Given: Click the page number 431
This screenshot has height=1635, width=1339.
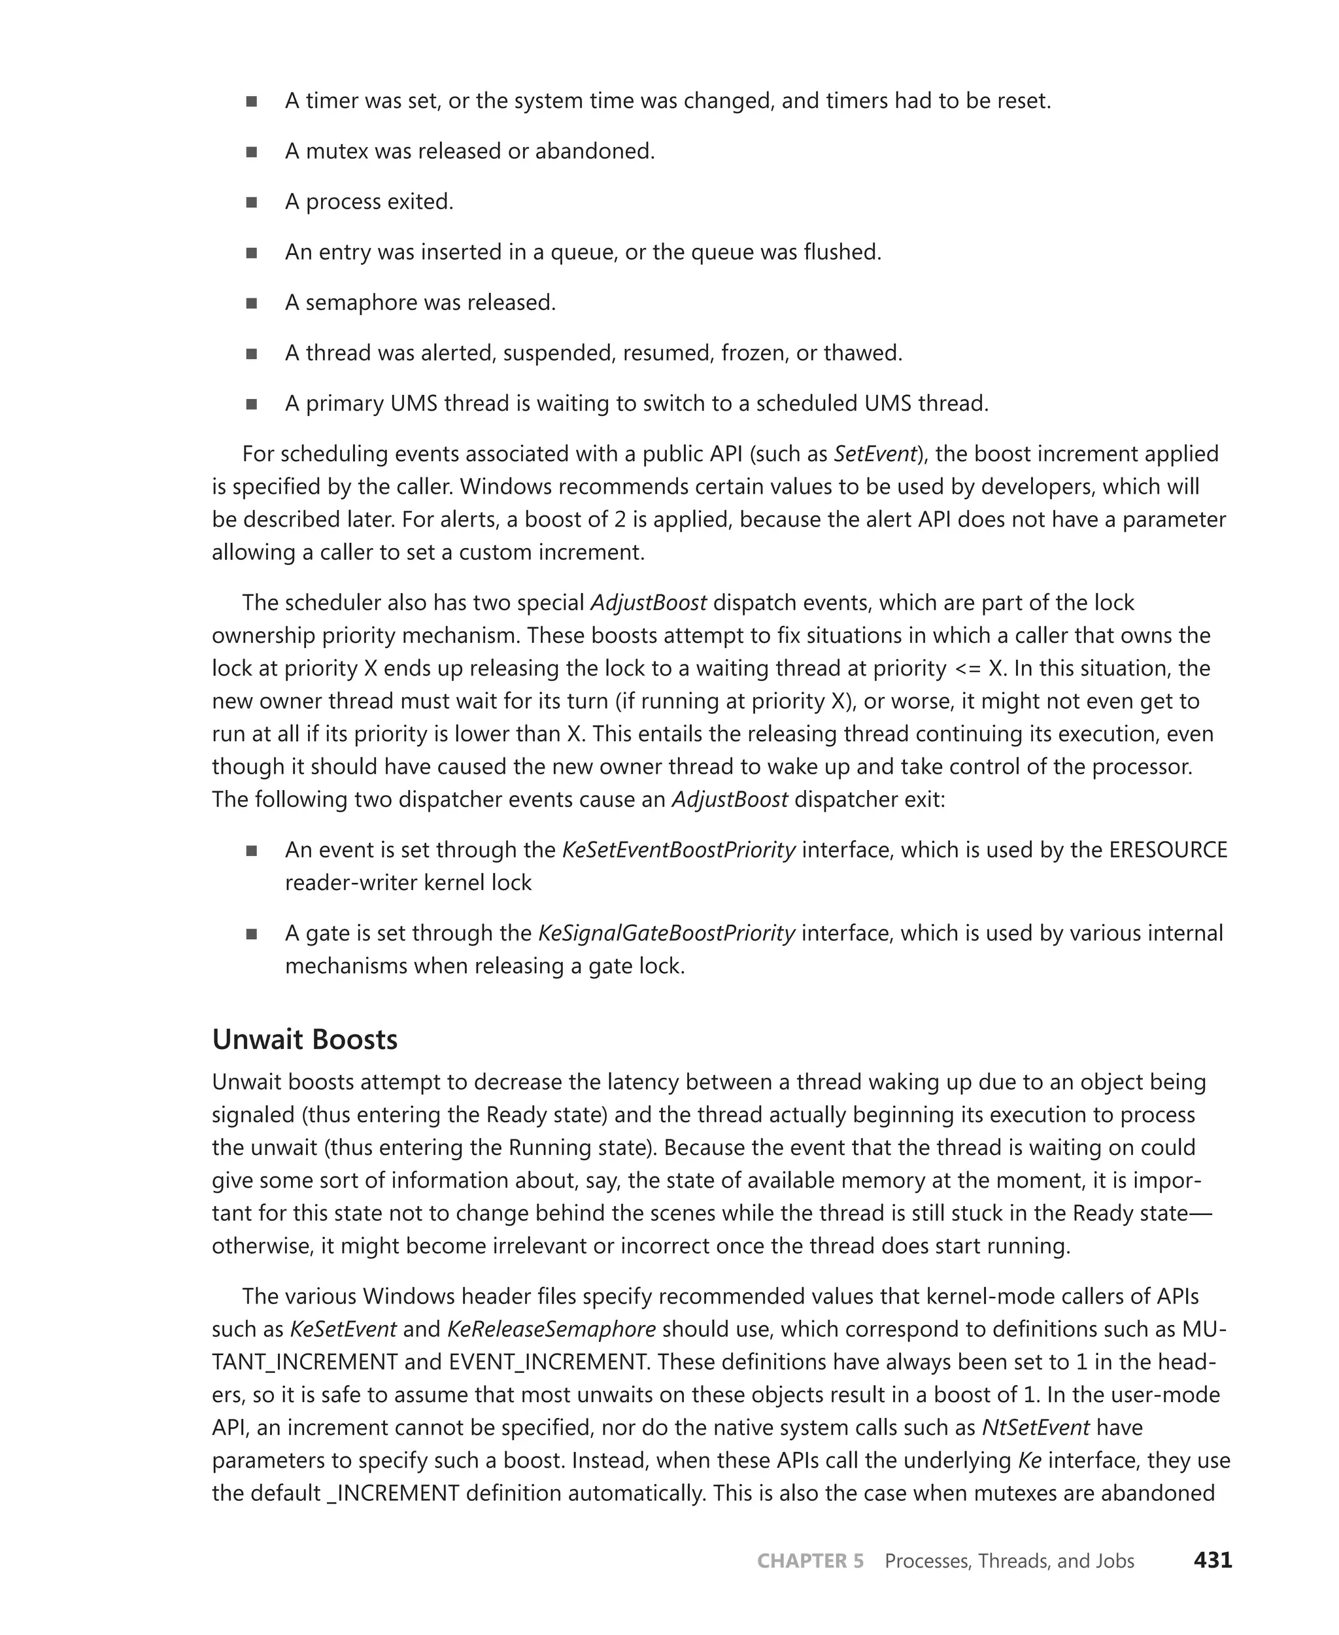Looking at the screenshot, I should [x=1213, y=1560].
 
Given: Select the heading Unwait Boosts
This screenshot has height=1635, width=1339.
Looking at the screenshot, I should [x=305, y=1039].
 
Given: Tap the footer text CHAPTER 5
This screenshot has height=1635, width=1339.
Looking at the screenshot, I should [x=810, y=1561].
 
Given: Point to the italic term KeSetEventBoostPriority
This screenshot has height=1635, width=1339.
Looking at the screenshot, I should [x=678, y=850].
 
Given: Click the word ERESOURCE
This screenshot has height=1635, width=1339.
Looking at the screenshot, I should [x=1168, y=850].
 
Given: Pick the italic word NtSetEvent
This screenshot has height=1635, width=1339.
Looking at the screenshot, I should [x=1035, y=1428].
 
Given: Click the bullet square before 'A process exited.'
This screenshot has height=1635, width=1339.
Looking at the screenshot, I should [x=252, y=202].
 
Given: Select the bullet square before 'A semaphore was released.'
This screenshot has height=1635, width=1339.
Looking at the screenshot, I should [x=252, y=303].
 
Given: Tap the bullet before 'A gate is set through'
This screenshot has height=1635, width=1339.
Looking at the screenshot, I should [x=252, y=935].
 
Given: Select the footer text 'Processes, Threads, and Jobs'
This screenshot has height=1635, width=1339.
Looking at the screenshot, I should [x=1009, y=1561].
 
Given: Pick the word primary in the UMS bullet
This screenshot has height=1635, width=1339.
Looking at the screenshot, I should [x=345, y=404].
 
